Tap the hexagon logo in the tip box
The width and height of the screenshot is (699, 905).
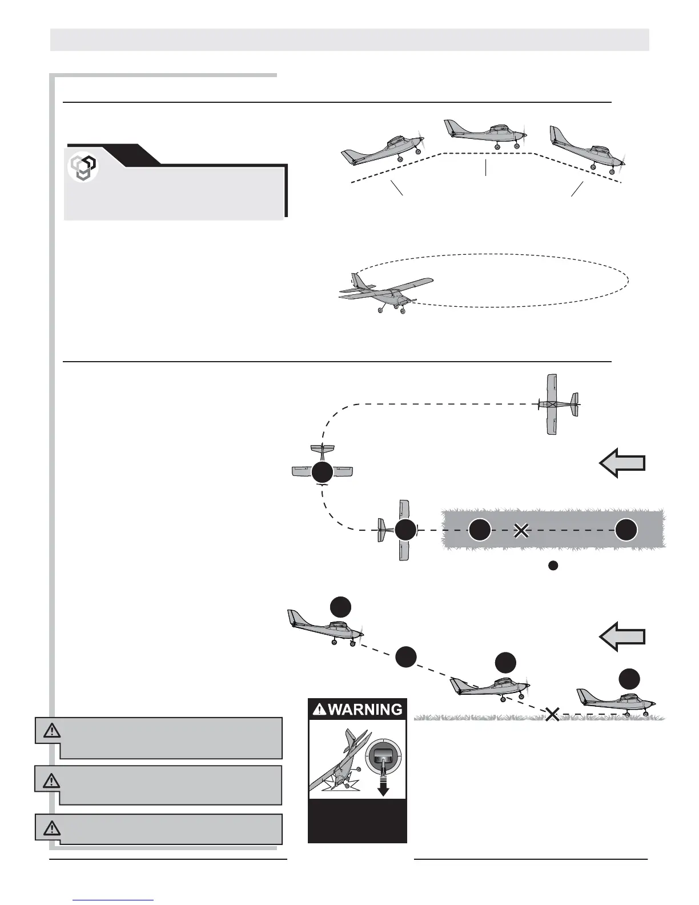(83, 168)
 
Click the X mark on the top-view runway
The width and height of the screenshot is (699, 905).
(520, 531)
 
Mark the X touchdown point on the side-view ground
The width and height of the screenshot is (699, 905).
(552, 714)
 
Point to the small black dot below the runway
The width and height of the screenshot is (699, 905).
(552, 566)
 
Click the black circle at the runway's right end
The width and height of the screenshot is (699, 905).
(626, 530)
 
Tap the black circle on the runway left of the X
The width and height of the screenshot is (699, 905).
(480, 530)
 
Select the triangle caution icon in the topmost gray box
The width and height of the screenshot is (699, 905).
(51, 730)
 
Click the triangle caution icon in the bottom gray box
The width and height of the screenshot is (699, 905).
(51, 827)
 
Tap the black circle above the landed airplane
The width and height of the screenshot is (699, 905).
(629, 678)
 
